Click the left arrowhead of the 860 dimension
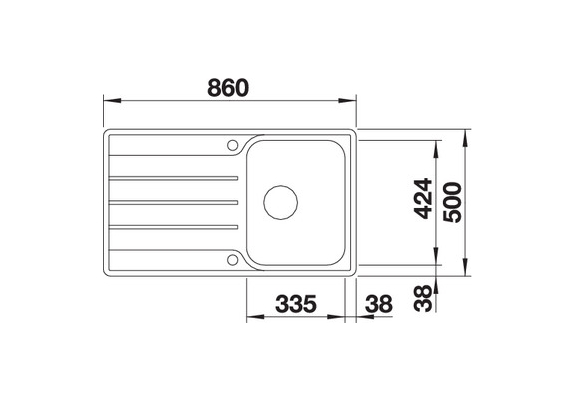pos(110,101)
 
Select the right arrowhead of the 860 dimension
pos(351,101)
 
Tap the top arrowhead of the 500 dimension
pos(468,131)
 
